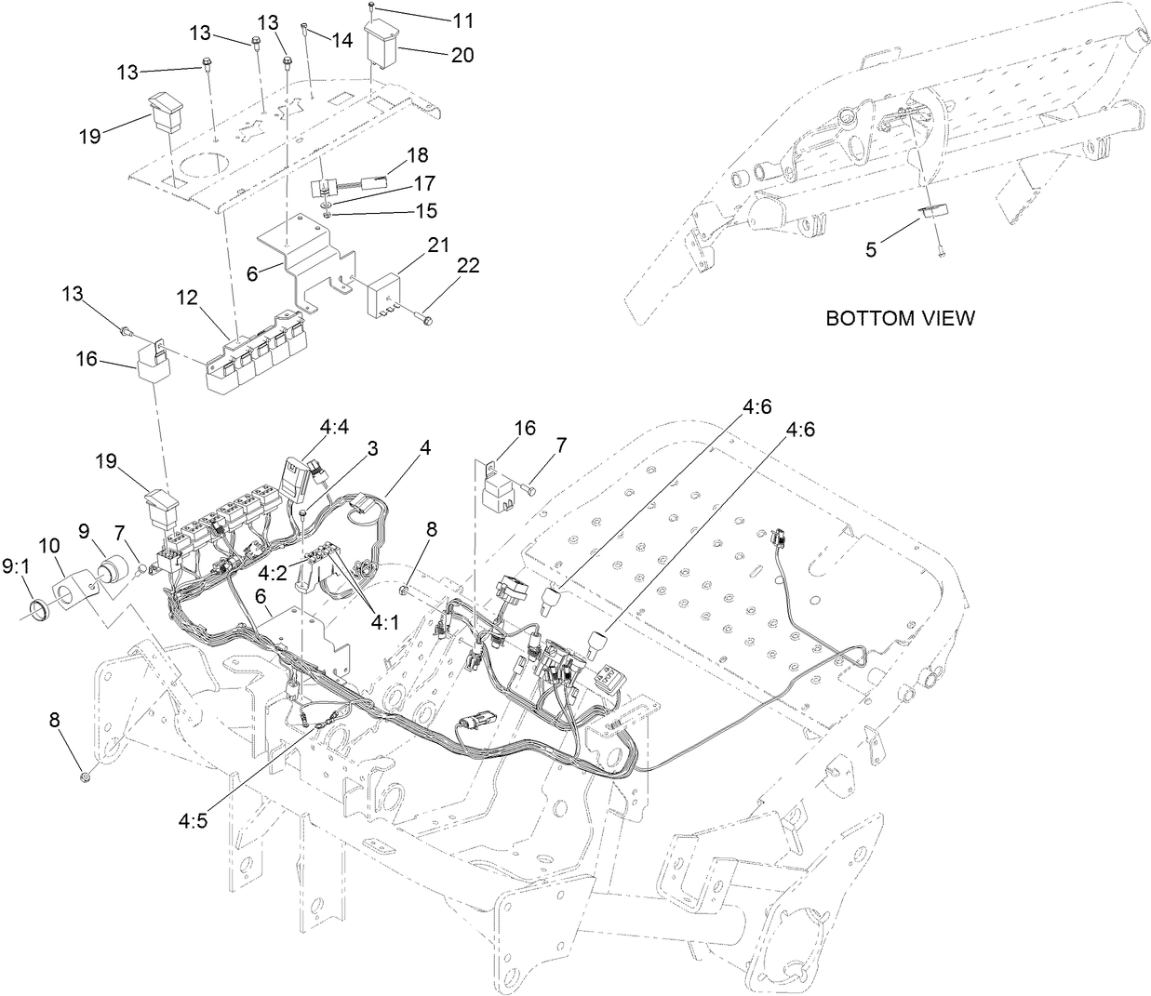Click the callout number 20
click(x=462, y=55)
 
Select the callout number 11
click(x=463, y=20)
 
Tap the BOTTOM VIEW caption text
click(x=900, y=318)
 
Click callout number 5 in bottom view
click(x=871, y=250)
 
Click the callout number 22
click(x=469, y=266)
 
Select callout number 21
click(x=438, y=245)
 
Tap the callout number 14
click(x=341, y=40)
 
